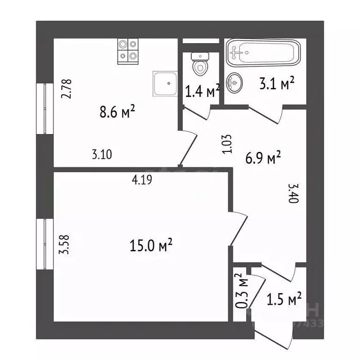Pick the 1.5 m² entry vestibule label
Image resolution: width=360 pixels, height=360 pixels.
[283, 299]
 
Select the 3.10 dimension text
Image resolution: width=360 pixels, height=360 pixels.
[102, 155]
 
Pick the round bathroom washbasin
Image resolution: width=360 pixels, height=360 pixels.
[234, 83]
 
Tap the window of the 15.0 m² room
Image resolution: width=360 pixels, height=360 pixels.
[45, 244]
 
